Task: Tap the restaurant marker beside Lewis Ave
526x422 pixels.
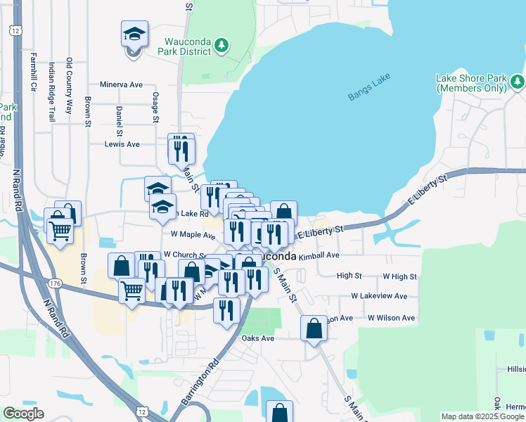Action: click(181, 149)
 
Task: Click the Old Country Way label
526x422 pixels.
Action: click(69, 86)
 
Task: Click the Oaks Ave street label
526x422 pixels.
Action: click(257, 338)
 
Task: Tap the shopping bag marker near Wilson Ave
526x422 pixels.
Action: click(314, 328)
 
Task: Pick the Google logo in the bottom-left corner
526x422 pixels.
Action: click(23, 414)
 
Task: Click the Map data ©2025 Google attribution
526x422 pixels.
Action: click(483, 416)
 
